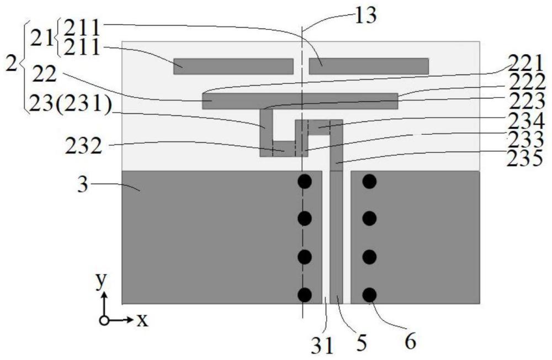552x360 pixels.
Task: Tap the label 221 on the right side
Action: [525, 65]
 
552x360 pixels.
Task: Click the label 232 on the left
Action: [84, 146]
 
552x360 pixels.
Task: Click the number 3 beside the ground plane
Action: [83, 184]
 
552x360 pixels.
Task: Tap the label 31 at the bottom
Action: [322, 346]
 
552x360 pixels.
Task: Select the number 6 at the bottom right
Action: [410, 341]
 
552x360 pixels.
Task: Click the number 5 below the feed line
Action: [362, 343]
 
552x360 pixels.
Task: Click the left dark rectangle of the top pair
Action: [233, 66]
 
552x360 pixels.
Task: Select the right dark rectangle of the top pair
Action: [369, 66]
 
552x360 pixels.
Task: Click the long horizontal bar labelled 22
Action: [300, 101]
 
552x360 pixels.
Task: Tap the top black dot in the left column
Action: [305, 182]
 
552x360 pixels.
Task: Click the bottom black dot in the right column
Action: [370, 295]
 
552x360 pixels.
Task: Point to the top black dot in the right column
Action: [370, 182]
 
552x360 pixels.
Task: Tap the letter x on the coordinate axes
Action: [142, 320]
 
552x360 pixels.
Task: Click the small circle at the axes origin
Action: [104, 321]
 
